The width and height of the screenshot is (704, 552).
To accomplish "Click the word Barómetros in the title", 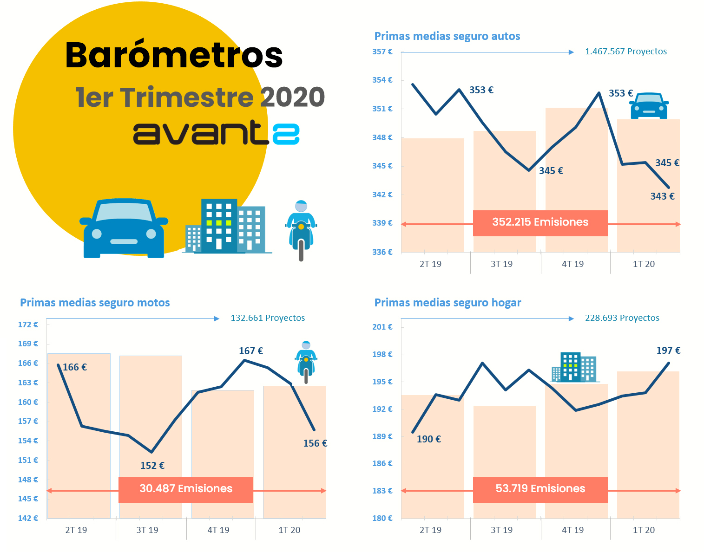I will click(174, 55).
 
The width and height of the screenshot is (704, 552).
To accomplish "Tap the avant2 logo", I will click(216, 133).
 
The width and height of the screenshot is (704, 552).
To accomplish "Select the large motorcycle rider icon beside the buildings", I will click(301, 230).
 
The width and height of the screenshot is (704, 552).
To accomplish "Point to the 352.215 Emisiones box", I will click(540, 223).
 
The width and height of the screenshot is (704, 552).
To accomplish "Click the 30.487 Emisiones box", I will click(186, 489).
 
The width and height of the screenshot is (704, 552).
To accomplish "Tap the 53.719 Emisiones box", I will click(540, 489).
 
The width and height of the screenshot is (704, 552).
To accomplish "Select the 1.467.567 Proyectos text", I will click(625, 52).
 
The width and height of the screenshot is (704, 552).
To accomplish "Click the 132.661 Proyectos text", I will click(268, 318).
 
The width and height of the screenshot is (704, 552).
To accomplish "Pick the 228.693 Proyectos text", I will click(622, 318).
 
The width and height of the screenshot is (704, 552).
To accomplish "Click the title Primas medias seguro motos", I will click(95, 303).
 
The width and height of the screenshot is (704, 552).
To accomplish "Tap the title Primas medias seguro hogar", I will click(447, 303).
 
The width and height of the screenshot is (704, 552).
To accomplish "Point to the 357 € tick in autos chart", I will click(382, 52).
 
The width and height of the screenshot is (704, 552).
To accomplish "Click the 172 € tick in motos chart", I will click(28, 325).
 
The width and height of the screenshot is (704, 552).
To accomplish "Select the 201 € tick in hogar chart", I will click(382, 327).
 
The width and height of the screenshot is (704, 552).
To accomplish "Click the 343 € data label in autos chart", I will click(662, 196).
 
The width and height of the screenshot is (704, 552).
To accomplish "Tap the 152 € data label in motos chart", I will click(152, 466).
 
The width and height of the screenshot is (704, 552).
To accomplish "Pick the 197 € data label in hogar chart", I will click(668, 351).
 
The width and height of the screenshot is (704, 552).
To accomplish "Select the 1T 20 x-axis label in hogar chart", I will click(644, 530).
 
